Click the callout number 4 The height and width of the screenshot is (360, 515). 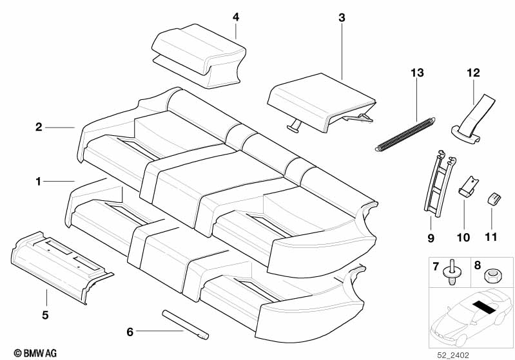236,17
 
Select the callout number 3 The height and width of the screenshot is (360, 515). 342,18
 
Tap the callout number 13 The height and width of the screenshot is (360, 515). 417,73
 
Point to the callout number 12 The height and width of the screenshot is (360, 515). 473,73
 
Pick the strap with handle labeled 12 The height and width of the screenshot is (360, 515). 473,120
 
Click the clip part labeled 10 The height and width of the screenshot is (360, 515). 469,186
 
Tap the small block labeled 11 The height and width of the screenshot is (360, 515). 493,199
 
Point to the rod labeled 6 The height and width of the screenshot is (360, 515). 186,325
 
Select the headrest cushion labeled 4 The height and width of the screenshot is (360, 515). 199,56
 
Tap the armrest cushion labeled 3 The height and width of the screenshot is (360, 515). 321,102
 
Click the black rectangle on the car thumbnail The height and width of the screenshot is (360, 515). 485,307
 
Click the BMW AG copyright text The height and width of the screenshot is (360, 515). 35,353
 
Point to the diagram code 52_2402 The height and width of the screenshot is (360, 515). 453,355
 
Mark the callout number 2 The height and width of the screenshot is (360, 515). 39,127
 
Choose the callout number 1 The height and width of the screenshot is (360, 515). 39,181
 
